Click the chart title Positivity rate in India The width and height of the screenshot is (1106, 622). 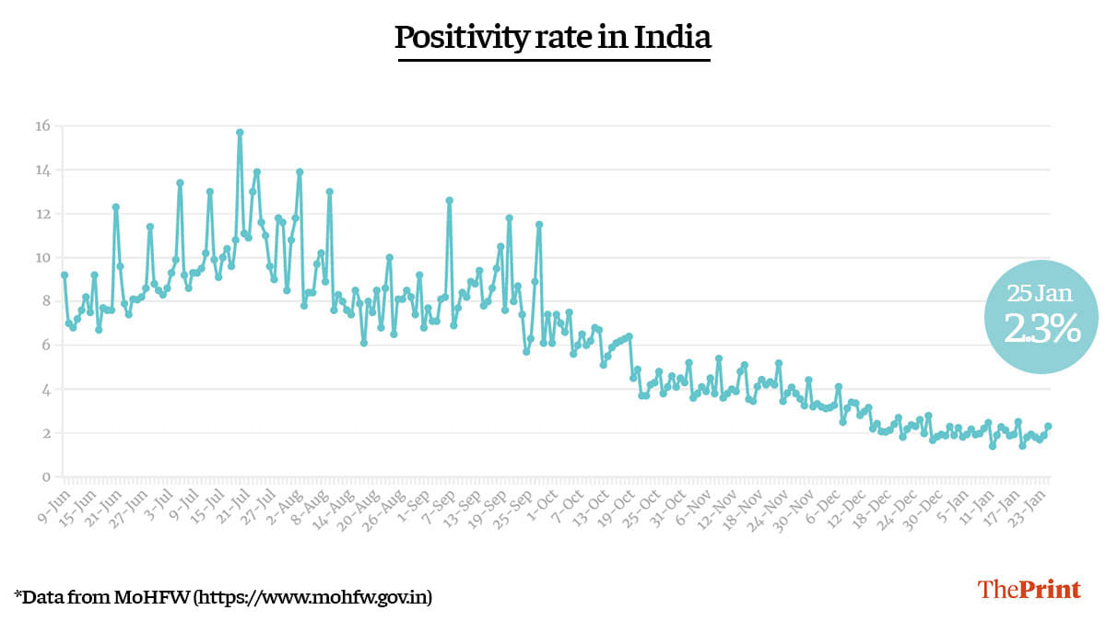[x=553, y=39]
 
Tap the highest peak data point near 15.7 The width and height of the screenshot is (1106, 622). [x=240, y=132]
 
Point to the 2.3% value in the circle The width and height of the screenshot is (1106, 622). [x=1041, y=329]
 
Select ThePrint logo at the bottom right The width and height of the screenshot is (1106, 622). [x=1029, y=590]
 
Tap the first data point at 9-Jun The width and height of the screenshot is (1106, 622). [x=64, y=275]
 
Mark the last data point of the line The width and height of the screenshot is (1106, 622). [x=1049, y=426]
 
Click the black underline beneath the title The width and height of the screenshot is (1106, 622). [x=553, y=60]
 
